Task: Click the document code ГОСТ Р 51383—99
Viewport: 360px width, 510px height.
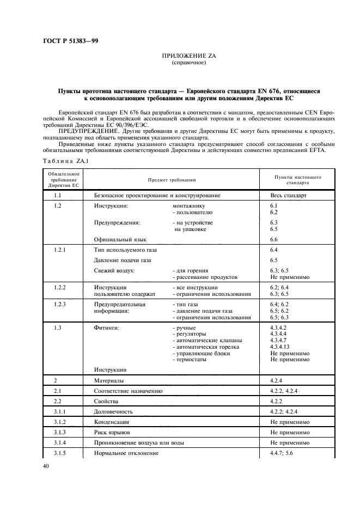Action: coord(67,41)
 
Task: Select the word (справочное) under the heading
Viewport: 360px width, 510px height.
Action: coord(188,63)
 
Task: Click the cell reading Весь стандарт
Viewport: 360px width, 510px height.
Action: coord(289,195)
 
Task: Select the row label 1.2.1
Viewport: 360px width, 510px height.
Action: coord(60,250)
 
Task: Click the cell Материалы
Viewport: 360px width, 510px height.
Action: coord(109,380)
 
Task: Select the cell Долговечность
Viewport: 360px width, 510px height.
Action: coord(113,411)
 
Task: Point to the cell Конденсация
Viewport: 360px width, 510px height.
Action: coord(112,422)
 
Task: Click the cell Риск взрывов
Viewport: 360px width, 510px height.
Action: coord(112,432)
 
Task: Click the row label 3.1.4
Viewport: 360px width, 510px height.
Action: coord(60,442)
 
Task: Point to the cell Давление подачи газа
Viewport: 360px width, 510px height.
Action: coord(123,260)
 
